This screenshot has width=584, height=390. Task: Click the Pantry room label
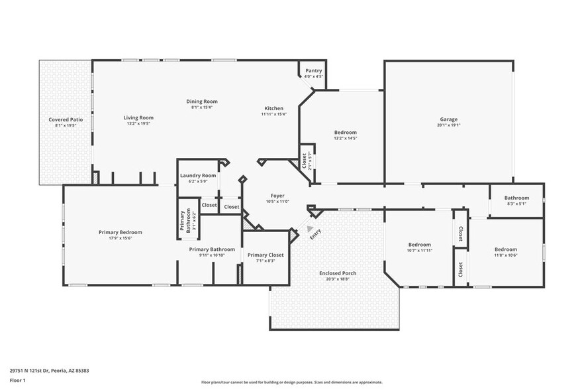[313, 70]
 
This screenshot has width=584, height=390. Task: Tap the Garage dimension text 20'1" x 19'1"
[448, 125]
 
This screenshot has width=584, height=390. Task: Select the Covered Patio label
[66, 119]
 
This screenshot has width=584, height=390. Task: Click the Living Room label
[138, 117]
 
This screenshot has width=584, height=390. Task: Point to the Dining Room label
[201, 101]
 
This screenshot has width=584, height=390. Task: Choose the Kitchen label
[273, 108]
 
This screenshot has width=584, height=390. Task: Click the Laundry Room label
[198, 176]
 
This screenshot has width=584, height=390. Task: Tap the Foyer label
[277, 196]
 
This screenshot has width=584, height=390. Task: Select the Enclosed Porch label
[338, 273]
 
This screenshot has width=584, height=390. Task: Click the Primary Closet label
[266, 255]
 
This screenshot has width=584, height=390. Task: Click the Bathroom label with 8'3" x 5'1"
[516, 198]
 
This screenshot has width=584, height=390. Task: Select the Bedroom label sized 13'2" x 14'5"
[345, 133]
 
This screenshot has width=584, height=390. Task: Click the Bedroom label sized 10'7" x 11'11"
[419, 244]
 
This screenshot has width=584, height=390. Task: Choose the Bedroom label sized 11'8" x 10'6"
[506, 250]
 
